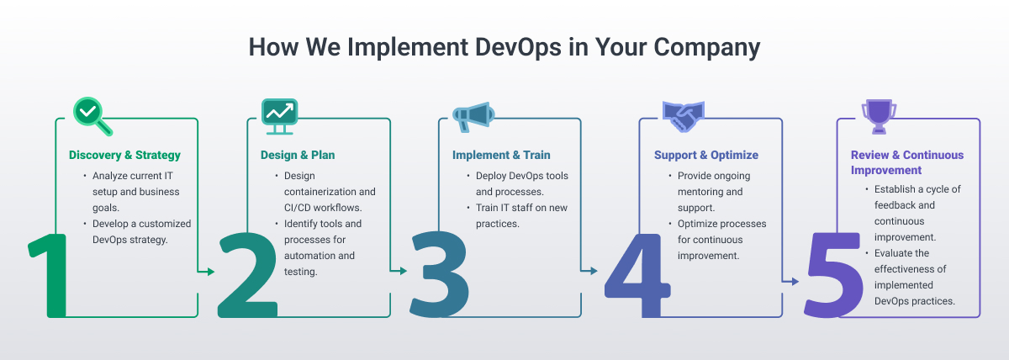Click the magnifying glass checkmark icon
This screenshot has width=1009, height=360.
coord(91,114)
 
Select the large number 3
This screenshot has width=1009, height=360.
coord(438,273)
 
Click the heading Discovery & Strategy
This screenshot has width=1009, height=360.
coord(124,156)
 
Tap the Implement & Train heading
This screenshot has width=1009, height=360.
coord(501,156)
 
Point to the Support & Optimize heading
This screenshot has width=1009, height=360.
coord(706,156)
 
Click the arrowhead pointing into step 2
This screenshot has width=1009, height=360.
coord(210,271)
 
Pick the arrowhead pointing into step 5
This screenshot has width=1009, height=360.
coord(795,283)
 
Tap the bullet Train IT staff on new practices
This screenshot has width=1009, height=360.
coord(511,215)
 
